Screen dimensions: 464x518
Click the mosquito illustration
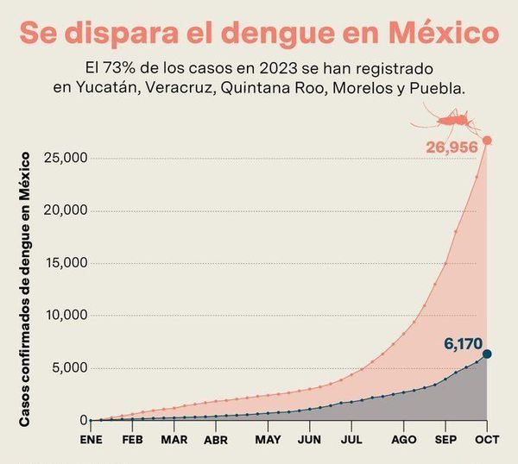coord(452,117)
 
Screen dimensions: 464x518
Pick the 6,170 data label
coord(462,344)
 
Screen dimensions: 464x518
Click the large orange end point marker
coord(487,141)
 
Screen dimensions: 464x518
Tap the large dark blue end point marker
coord(487,354)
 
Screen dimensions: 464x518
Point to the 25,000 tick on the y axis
coord(64,158)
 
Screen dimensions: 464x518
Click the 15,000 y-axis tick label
coord(64,263)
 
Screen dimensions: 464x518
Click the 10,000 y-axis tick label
coord(64,316)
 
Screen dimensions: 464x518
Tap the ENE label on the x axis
coord(91,439)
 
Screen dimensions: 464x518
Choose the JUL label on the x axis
coord(351,439)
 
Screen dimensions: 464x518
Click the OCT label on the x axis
coord(487,439)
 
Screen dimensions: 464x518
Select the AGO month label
coord(403,439)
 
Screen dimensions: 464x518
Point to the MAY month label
coord(268,439)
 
